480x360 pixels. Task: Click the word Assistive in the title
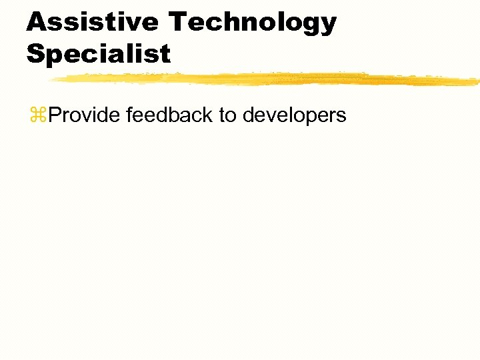tap(93, 22)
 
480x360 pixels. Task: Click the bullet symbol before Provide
tap(38, 115)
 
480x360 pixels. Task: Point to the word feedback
tap(169, 115)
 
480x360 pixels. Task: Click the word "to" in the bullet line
tap(227, 116)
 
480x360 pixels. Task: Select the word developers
tap(294, 116)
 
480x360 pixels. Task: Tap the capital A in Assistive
tap(38, 22)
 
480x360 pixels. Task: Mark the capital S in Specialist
tap(36, 54)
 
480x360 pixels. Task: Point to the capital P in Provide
tap(56, 115)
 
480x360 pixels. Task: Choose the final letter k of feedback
tap(208, 115)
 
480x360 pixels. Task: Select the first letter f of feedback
tap(129, 115)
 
